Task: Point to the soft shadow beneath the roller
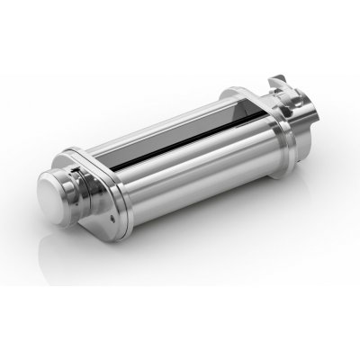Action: pyautogui.click(x=180, y=270)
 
